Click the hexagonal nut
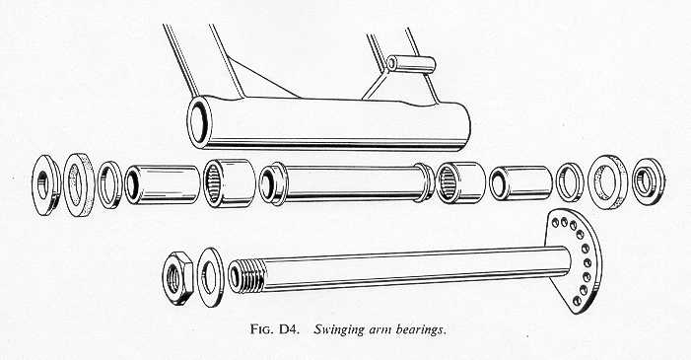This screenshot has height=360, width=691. (177, 278)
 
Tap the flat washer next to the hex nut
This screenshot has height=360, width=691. (210, 277)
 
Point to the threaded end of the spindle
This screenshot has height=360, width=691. (246, 276)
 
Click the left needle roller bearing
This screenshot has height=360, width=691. (229, 183)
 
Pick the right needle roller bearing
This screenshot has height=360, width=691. (459, 182)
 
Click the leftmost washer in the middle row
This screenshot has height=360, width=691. (46, 184)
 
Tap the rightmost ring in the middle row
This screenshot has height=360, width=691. (649, 181)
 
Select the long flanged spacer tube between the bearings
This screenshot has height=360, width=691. (347, 182)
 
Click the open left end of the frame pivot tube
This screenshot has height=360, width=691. (199, 121)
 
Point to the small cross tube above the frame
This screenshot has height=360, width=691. (411, 64)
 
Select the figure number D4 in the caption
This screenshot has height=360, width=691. (289, 329)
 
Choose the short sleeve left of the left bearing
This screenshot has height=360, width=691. (163, 184)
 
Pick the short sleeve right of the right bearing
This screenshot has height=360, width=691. (520, 183)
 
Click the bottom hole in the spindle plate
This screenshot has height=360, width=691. (577, 301)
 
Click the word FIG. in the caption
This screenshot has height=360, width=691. (262, 329)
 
